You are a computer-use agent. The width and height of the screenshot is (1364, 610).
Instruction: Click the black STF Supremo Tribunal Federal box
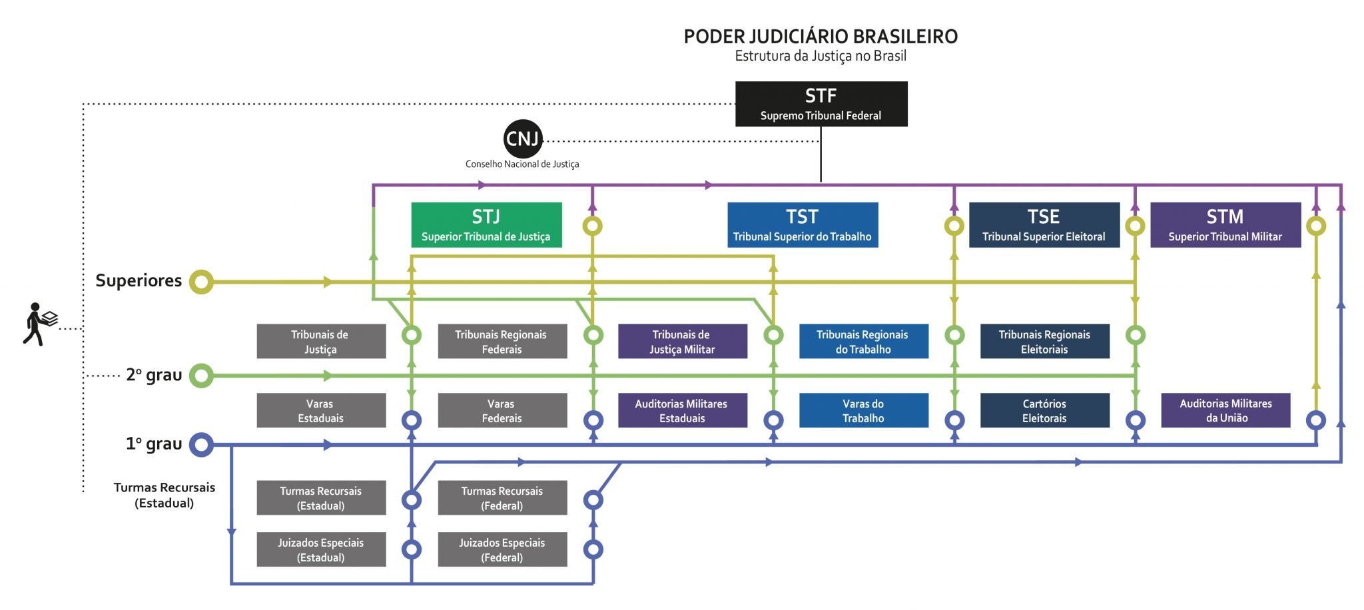pyautogui.click(x=821, y=104)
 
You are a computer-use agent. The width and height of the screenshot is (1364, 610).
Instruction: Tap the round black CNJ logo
pyautogui.click(x=522, y=139)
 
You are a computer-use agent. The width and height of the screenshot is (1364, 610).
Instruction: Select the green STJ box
pyautogui.click(x=486, y=225)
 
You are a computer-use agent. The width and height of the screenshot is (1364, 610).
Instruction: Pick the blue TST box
pyautogui.click(x=803, y=225)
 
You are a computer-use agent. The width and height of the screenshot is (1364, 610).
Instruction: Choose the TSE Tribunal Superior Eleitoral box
pyautogui.click(x=1044, y=225)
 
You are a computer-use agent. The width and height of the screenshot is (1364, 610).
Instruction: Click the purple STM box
pyautogui.click(x=1225, y=225)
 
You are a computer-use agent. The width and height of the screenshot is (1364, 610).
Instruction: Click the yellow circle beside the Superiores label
pyautogui.click(x=201, y=282)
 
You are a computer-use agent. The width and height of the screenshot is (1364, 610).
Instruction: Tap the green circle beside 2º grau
pyautogui.click(x=201, y=376)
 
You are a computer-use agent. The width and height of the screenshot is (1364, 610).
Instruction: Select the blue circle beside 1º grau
pyautogui.click(x=201, y=444)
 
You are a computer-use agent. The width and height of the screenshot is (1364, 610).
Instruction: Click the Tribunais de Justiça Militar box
pyautogui.click(x=682, y=342)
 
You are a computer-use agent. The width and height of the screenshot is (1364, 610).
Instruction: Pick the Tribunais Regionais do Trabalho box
pyautogui.click(x=863, y=342)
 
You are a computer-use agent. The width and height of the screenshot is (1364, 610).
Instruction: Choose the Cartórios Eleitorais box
pyautogui.click(x=1044, y=410)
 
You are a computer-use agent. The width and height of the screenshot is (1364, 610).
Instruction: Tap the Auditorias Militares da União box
pyautogui.click(x=1225, y=410)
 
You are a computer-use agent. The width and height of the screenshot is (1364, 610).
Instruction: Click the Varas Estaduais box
pyautogui.click(x=321, y=410)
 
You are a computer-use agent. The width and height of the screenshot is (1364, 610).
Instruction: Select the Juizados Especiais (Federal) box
pyautogui.click(x=502, y=549)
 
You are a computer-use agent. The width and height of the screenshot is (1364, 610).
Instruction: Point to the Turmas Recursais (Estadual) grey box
pyautogui.click(x=321, y=498)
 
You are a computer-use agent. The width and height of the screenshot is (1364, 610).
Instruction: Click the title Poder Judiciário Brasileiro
pyautogui.click(x=821, y=37)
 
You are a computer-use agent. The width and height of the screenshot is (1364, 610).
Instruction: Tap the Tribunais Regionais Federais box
pyautogui.click(x=502, y=342)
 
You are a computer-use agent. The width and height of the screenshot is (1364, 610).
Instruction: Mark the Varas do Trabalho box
pyautogui.click(x=863, y=410)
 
